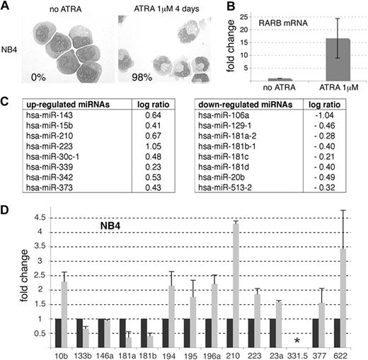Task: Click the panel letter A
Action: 6,6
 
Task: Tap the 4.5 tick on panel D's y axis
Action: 42,217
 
